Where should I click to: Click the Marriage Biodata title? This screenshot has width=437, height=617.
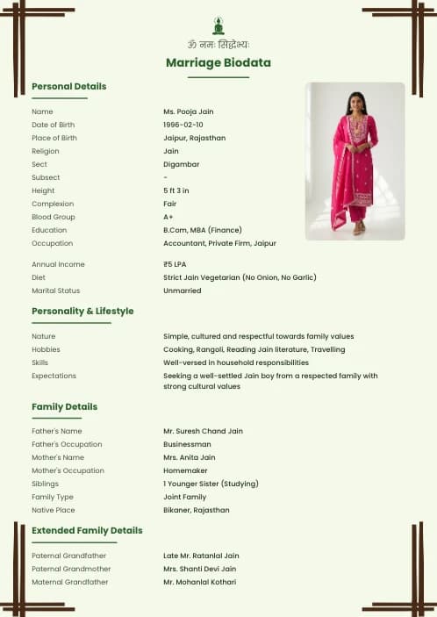218,62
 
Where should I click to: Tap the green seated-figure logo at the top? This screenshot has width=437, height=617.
218,25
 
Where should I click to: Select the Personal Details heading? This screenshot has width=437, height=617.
68,86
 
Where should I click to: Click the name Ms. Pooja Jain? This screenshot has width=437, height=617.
188,111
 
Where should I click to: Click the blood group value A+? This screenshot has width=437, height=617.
168,217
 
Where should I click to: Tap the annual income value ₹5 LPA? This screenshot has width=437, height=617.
175,264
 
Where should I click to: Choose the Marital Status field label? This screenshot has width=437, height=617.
55,291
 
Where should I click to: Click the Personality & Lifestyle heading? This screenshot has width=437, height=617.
82,311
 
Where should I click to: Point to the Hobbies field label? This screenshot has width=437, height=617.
46,349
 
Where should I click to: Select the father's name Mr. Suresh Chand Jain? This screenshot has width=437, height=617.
203,431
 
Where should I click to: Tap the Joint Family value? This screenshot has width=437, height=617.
184,497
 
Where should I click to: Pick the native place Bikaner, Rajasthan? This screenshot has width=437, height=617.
196,510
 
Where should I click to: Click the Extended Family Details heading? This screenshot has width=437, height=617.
87,530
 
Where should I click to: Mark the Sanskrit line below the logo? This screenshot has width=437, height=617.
218,44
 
